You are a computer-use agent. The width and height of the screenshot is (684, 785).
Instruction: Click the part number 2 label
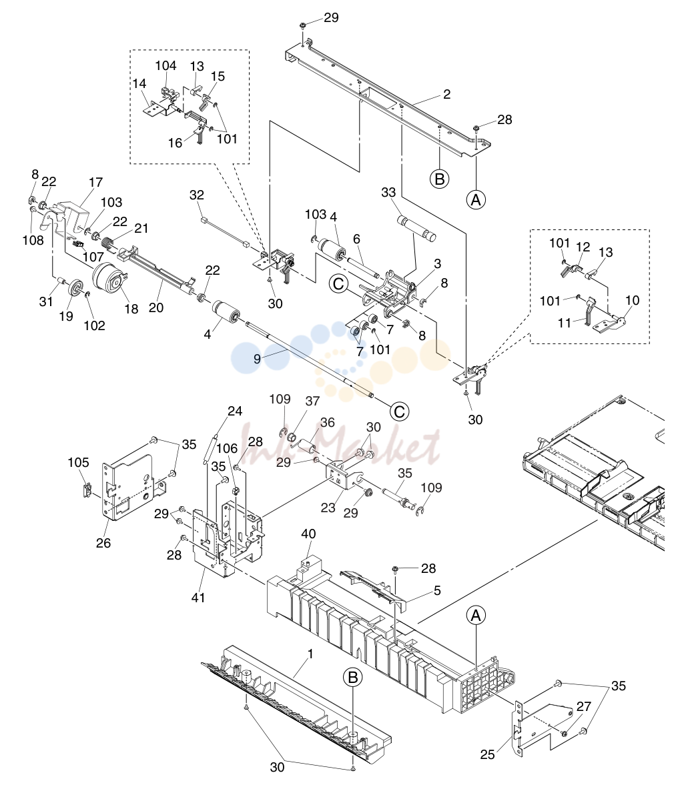point(446,94)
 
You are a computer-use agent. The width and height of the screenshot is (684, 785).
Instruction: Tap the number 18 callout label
point(131,309)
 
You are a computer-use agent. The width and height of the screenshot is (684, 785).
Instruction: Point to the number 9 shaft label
point(257,358)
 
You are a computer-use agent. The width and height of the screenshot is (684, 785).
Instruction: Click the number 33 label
point(388,192)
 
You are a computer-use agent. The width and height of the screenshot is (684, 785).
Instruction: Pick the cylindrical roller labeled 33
point(416,228)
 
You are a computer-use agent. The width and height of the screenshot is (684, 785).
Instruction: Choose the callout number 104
point(165,65)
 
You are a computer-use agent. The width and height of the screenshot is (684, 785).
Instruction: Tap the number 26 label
point(103,543)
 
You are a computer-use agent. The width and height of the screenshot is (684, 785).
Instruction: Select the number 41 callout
point(198,598)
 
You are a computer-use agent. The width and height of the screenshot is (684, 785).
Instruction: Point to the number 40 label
point(308,534)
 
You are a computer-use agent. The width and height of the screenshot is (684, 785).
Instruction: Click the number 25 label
point(487,754)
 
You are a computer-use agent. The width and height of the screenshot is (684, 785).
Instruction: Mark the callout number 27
point(584,706)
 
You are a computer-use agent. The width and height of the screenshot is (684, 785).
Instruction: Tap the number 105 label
point(79,462)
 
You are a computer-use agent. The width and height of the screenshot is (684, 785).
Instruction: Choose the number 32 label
point(197,195)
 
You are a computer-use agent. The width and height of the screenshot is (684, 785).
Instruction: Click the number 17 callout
point(95,182)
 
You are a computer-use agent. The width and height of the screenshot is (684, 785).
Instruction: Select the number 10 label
point(633,300)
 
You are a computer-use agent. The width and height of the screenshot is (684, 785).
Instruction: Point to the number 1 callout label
point(310,654)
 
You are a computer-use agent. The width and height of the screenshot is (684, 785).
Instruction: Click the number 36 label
point(328,423)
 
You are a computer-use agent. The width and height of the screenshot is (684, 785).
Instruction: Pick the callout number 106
point(227,449)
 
